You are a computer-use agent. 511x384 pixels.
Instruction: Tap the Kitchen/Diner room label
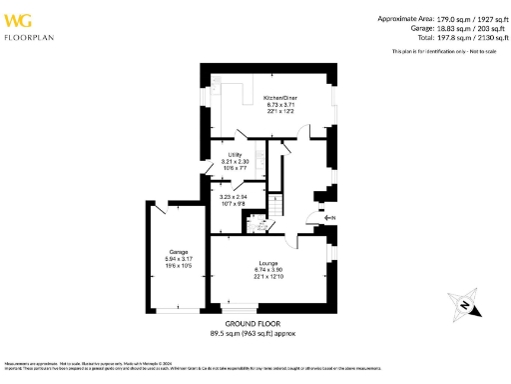click(281, 98)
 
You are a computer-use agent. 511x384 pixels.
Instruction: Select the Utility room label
click(236, 155)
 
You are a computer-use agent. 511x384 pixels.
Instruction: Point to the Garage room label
click(178, 251)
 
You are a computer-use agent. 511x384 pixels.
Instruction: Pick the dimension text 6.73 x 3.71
click(281, 104)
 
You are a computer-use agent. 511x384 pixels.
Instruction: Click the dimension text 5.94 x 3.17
click(178, 258)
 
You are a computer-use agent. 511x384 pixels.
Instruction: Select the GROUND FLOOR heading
click(252, 324)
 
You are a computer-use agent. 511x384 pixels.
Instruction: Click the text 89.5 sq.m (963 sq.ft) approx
click(252, 333)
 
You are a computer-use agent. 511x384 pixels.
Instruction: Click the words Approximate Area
click(404, 19)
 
